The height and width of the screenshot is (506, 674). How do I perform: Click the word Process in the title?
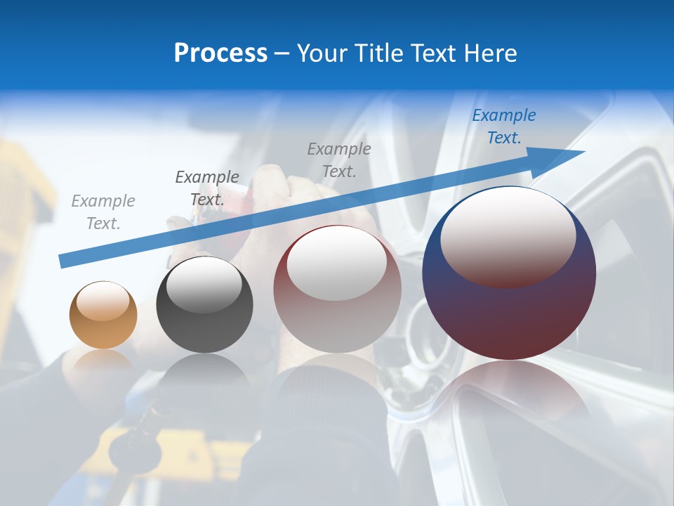tap(220, 53)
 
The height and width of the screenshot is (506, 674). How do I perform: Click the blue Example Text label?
tap(503, 126)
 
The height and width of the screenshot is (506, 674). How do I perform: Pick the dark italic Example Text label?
tap(207, 188)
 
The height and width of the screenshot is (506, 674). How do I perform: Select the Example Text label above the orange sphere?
tap(103, 212)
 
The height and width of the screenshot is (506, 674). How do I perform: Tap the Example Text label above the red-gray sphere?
tap(339, 160)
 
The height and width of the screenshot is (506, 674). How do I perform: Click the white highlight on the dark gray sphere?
tap(204, 283)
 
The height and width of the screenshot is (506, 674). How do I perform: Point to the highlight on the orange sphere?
tap(103, 301)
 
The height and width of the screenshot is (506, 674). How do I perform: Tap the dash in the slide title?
tap(282, 53)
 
